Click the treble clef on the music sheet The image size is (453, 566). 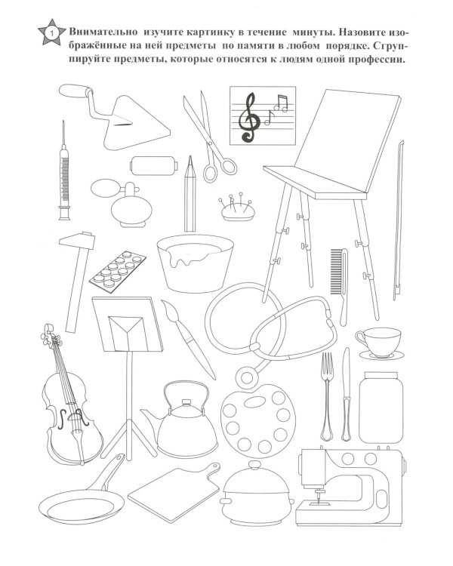250,117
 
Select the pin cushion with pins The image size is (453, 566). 238,208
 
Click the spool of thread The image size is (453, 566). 154,166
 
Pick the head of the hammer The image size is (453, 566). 77,241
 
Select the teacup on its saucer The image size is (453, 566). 380,343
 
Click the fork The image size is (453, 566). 327,396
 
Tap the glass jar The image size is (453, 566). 381,408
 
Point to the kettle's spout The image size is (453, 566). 150,417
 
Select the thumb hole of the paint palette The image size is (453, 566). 255,401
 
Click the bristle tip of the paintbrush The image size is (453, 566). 168,308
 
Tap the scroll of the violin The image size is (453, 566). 48,334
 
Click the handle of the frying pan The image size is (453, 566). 106,473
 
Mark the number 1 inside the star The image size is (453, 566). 51,33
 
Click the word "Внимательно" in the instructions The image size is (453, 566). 103,32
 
